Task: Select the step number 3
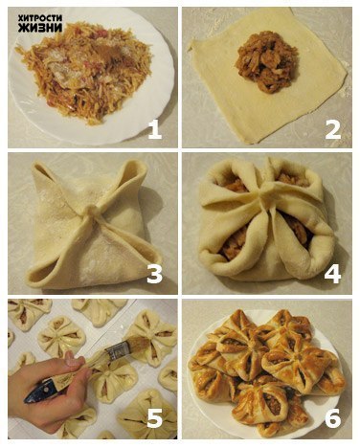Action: tap(154, 274)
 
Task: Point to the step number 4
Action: tap(332, 274)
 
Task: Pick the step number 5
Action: tap(155, 418)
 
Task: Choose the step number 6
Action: tap(333, 418)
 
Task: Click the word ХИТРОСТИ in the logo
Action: tap(40, 18)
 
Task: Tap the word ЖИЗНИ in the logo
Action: tap(40, 28)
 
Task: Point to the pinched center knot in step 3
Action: tap(90, 213)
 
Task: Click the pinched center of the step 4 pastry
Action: tap(264, 194)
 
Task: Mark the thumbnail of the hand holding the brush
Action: tap(72, 359)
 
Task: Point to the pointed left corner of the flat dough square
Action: tap(191, 46)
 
